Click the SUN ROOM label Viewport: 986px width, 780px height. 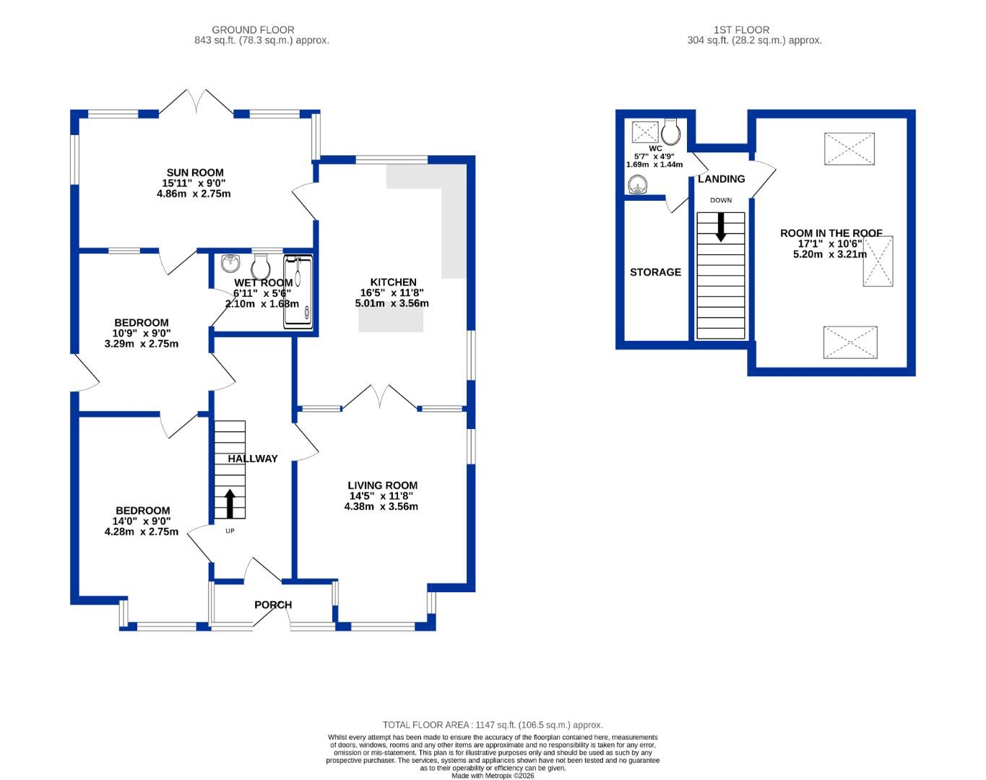pyautogui.click(x=195, y=173)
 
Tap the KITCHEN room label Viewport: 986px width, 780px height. pyautogui.click(x=393, y=282)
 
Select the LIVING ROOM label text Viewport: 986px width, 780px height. pyautogui.click(x=382, y=485)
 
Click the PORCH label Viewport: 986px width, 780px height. pyautogui.click(x=273, y=605)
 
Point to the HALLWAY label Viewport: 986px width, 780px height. pyautogui.click(x=253, y=459)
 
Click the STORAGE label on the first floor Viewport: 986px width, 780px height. pyautogui.click(x=655, y=272)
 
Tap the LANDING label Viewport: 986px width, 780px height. pyautogui.click(x=721, y=179)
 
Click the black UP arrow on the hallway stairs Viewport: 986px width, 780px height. pyautogui.click(x=230, y=503)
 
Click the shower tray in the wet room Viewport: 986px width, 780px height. pyautogui.click(x=299, y=291)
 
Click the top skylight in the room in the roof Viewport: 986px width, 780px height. pyautogui.click(x=849, y=149)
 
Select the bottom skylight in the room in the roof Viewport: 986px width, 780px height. pyautogui.click(x=850, y=342)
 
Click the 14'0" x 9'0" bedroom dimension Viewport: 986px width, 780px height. pyautogui.click(x=142, y=521)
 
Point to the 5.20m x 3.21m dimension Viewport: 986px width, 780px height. pyautogui.click(x=829, y=254)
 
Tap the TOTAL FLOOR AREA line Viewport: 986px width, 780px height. pyautogui.click(x=492, y=724)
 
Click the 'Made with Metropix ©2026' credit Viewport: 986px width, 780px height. pyautogui.click(x=492, y=776)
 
